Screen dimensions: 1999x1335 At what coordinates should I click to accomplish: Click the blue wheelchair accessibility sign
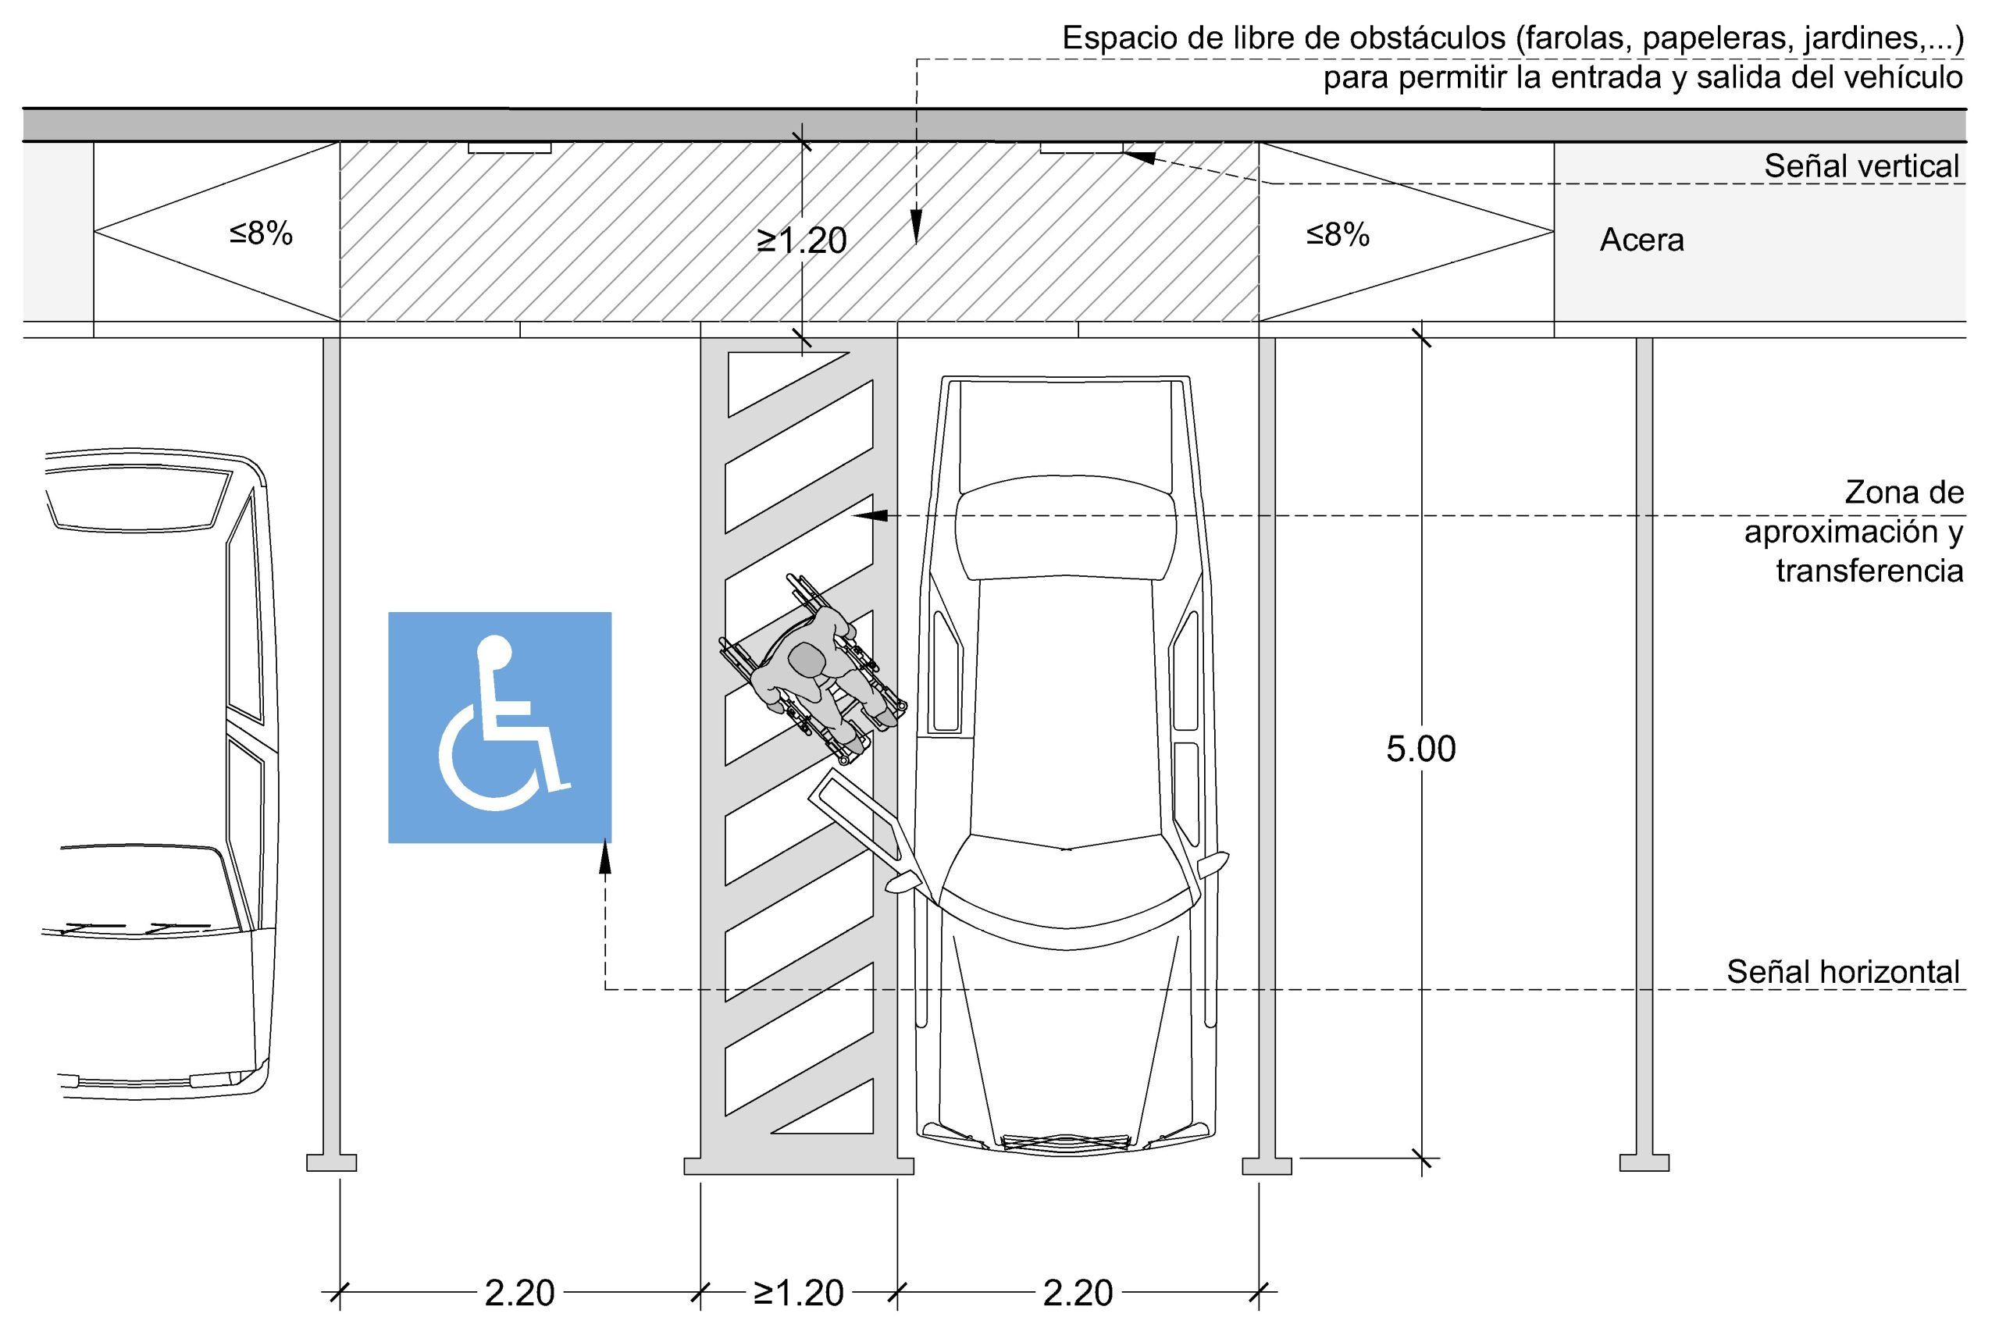[x=500, y=727]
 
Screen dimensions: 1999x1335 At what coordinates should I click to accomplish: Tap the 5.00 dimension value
[x=1421, y=749]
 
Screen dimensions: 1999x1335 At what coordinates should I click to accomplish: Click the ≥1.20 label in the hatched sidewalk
[x=801, y=241]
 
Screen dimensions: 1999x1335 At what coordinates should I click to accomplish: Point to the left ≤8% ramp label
[x=261, y=233]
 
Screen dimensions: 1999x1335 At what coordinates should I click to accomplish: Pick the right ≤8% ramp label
[x=1338, y=234]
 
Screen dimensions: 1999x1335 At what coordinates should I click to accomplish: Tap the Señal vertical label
[x=1862, y=166]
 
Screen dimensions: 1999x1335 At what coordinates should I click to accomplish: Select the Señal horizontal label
[x=1843, y=971]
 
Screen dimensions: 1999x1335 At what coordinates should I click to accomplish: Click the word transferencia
[x=1869, y=571]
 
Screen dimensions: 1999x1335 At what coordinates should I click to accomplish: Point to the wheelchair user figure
[x=813, y=669]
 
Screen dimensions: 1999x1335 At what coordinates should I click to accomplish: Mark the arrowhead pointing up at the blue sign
[x=605, y=857]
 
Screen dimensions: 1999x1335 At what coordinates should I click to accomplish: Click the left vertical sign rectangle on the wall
[x=510, y=148]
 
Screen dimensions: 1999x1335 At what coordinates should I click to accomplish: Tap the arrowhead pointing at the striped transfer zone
[x=870, y=516]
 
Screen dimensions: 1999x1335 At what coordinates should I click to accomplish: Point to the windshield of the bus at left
[x=136, y=502]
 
